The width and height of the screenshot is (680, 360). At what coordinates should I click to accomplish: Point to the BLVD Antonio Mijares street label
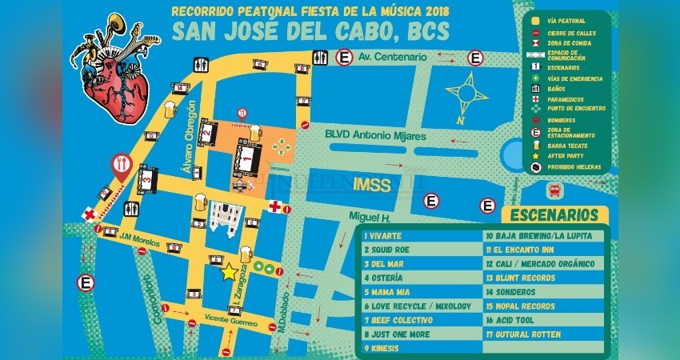[x=374, y=137]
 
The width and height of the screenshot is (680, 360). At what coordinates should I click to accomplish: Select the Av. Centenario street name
[x=388, y=57]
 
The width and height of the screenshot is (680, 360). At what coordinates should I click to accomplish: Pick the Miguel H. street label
[x=368, y=218]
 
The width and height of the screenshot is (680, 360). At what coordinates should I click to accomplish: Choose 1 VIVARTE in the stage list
[x=384, y=236]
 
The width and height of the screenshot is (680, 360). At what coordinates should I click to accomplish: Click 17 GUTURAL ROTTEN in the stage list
[x=523, y=334]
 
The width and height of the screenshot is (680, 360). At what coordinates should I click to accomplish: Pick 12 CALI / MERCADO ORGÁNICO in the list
[x=540, y=264]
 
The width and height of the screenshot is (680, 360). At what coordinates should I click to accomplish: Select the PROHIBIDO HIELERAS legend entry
[x=572, y=167]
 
